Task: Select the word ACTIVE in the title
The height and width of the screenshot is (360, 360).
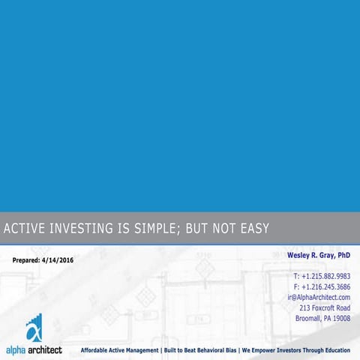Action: click(22, 228)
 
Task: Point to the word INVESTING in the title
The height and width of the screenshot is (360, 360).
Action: click(84, 228)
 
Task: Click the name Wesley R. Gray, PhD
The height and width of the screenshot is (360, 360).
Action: click(319, 256)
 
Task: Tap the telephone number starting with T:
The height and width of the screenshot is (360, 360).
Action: click(321, 276)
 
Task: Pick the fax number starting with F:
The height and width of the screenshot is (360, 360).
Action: click(321, 286)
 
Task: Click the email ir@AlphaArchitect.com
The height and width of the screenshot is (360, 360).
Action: click(319, 297)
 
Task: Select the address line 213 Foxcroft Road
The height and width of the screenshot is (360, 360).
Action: click(325, 307)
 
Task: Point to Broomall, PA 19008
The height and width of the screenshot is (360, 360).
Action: click(322, 318)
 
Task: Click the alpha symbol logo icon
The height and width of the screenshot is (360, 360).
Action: click(34, 328)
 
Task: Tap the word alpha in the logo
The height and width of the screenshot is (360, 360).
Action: click(15, 349)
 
